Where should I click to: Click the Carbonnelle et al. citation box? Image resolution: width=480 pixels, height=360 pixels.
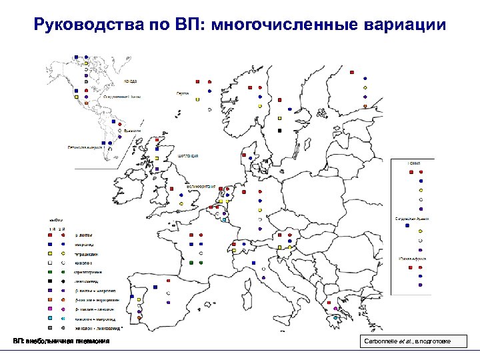(413, 342)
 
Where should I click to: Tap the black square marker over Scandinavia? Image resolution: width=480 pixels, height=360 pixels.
(281, 129)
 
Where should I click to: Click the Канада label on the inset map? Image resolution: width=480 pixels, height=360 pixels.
(131, 81)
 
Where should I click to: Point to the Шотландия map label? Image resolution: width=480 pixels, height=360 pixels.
(189, 156)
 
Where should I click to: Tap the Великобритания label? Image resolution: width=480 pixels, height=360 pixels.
(200, 185)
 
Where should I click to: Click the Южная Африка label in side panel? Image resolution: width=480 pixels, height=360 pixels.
(414, 257)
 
